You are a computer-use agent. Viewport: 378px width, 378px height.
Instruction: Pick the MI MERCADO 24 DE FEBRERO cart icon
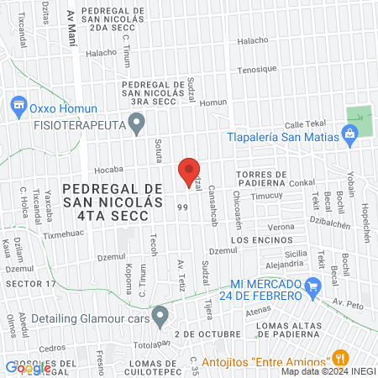point(312,287)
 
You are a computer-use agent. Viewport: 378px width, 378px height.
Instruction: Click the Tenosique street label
point(258,70)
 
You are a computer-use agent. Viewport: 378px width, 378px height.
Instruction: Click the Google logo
point(27,367)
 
